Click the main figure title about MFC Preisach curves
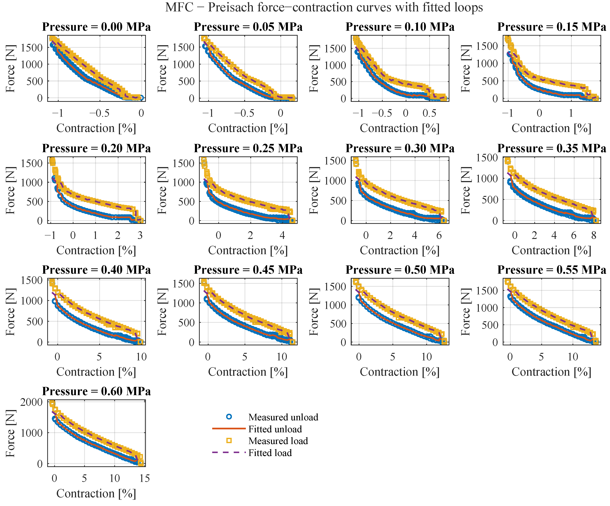(324, 7)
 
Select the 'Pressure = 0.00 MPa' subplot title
(96, 27)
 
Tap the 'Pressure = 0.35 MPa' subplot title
(552, 148)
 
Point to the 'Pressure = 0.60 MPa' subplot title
(96, 391)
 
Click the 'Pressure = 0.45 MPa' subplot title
(248, 270)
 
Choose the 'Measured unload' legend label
(283, 417)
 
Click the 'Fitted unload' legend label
(275, 429)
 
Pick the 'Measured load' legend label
(278, 441)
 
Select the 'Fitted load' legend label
(270, 453)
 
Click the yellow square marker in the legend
(229, 441)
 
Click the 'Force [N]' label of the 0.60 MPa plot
(10, 433)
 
